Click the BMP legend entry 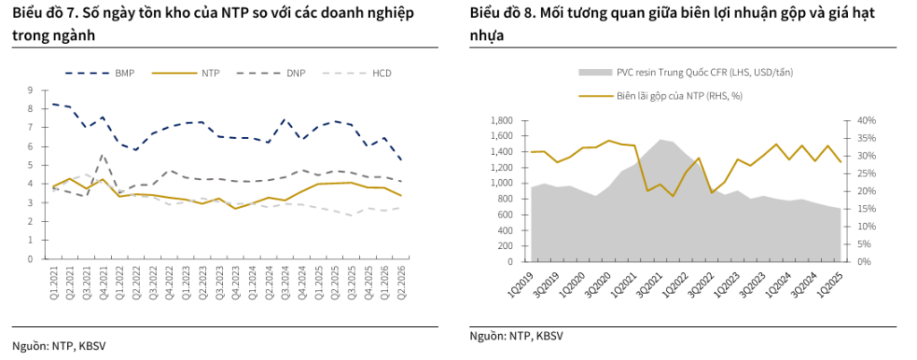click(99, 73)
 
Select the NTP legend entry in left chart click(186, 73)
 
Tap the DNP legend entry click(272, 73)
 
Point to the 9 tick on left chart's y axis click(30, 90)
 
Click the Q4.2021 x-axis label click(102, 280)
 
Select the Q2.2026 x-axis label click(402, 280)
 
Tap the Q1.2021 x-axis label click(53, 280)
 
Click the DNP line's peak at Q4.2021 click(102, 155)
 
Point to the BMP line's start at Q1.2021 click(53, 104)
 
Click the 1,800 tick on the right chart click(503, 120)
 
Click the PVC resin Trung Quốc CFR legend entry click(685, 72)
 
